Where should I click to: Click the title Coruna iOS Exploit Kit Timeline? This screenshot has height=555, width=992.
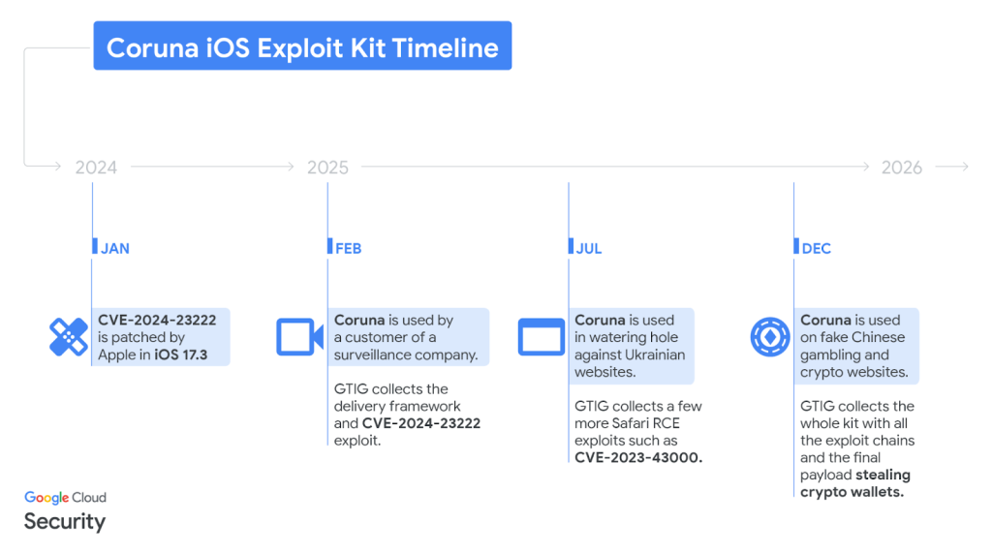302,47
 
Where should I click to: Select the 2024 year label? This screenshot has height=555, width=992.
96,168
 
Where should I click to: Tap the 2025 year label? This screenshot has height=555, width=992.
327,168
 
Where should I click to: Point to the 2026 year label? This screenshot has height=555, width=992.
901,168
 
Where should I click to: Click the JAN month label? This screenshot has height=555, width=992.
114,249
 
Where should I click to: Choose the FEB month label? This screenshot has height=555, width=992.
348,249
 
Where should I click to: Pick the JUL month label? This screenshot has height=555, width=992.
588,249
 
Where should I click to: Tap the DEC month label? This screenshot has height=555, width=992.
816,249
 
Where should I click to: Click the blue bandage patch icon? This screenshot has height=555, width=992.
69,337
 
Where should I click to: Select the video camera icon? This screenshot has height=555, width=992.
299,337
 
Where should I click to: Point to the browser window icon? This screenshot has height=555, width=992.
541,337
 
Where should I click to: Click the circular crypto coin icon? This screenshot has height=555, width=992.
770,337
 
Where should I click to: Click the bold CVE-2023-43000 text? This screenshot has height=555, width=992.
637,458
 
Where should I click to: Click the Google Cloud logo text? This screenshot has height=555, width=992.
65,498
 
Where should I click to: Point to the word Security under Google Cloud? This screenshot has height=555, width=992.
64,521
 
